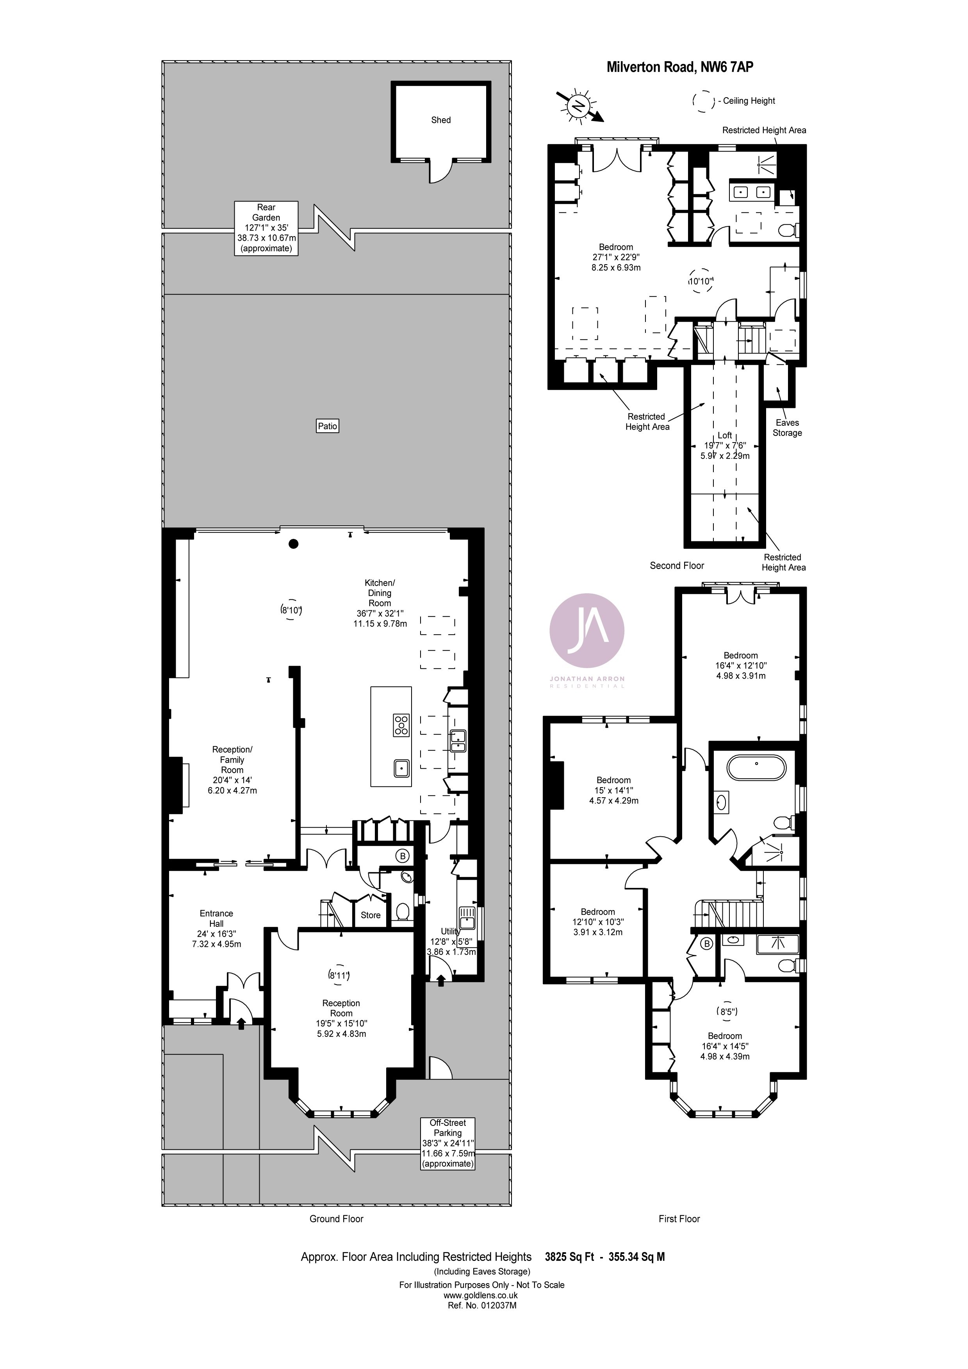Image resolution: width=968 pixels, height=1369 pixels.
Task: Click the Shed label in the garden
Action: point(441,120)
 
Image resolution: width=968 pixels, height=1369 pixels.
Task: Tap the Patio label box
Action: point(328,426)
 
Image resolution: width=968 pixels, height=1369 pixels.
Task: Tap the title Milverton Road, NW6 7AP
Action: point(679,67)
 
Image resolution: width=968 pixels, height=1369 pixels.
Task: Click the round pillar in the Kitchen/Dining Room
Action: point(293,544)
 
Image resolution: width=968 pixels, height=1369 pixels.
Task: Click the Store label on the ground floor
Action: point(371,915)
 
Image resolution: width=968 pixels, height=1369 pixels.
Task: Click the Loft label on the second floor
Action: point(725,435)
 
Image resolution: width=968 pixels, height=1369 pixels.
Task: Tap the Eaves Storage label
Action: point(787,427)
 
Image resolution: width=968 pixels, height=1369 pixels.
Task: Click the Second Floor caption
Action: point(677,565)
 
